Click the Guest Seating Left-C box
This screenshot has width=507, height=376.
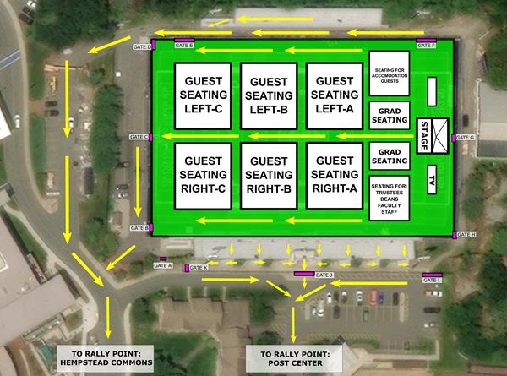[204, 95]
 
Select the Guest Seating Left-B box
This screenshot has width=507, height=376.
[270, 95]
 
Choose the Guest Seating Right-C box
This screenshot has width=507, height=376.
[204, 176]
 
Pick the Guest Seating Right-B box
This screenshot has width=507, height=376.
[270, 176]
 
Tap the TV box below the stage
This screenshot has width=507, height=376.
[431, 180]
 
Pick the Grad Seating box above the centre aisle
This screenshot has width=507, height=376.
[389, 116]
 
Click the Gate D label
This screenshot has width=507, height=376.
[140, 47]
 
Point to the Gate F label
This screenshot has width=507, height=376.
[427, 45]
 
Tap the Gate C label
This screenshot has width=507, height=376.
[139, 137]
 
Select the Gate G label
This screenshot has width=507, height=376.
[466, 137]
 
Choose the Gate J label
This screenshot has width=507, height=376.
[324, 275]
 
